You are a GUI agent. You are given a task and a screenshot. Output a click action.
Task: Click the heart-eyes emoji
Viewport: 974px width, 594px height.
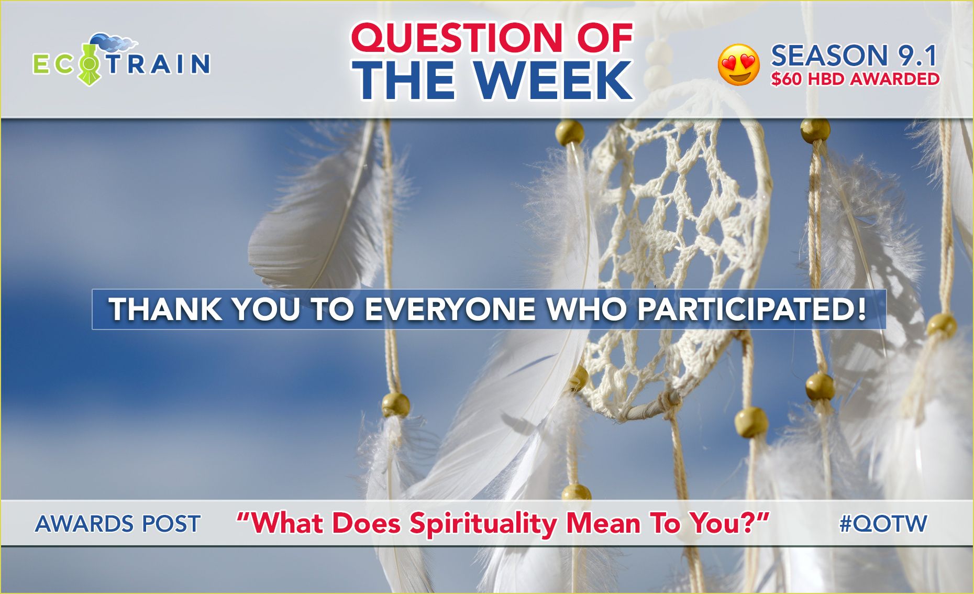click(x=738, y=65)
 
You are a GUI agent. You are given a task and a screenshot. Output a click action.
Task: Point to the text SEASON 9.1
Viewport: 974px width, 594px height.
click(x=854, y=56)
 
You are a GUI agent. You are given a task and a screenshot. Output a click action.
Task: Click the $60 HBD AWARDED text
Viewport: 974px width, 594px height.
click(x=855, y=79)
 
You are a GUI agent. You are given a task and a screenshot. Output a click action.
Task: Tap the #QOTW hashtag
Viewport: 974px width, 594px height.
click(x=883, y=524)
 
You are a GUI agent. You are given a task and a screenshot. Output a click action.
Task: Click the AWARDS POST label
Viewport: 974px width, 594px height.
click(x=118, y=524)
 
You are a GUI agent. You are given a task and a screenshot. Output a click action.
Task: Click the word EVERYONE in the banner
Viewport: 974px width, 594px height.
click(x=450, y=309)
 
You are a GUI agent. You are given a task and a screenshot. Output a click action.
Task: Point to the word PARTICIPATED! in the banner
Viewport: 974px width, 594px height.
click(x=751, y=309)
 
